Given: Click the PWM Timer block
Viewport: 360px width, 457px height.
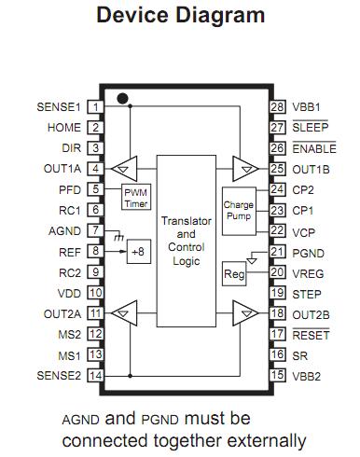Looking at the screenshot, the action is coord(136,197).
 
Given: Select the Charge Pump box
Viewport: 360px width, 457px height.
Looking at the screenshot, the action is coord(239,211).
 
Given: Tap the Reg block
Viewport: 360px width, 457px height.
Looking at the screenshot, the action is coord(234,274).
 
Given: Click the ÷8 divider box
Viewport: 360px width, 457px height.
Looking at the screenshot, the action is coord(139,252).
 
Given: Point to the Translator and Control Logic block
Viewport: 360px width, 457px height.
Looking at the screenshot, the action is coord(187,241).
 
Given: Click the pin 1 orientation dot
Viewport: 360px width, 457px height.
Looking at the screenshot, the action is coord(122,99).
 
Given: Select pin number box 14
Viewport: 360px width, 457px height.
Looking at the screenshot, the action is coord(95,376).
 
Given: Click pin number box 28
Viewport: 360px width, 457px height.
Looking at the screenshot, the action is coord(277,107).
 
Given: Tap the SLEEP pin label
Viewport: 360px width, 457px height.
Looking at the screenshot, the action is coord(311,127).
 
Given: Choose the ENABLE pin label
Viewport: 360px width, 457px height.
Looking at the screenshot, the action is coord(314,148).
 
